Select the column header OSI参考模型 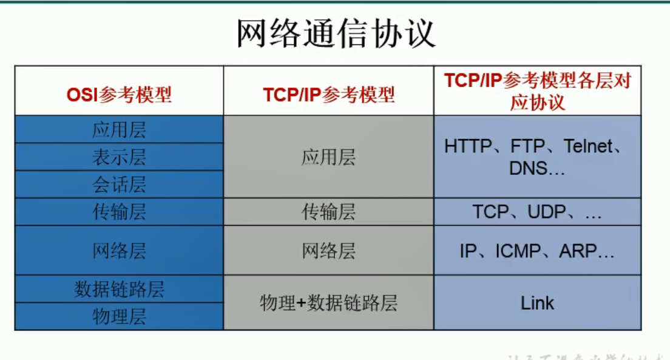click(119, 94)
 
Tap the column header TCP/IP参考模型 click(328, 94)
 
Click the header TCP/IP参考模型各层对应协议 click(538, 91)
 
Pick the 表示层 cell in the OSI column click(119, 157)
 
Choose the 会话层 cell click(119, 184)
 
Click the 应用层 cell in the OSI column click(119, 130)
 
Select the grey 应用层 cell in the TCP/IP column click(328, 157)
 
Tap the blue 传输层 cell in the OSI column click(119, 211)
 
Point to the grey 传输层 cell click(328, 211)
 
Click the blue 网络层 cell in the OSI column click(119, 250)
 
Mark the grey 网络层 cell click(328, 250)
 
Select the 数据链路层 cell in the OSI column click(119, 289)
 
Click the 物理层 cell click(119, 316)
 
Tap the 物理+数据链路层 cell click(328, 302)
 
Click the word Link click(538, 302)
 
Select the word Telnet click(587, 146)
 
